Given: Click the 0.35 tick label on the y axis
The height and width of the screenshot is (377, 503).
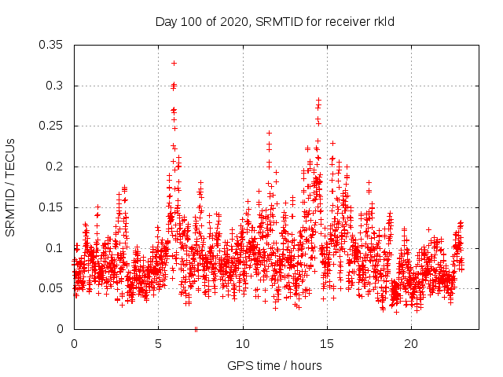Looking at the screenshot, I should tap(52, 45).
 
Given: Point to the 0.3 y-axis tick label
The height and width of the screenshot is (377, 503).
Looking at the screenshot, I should tap(55, 86).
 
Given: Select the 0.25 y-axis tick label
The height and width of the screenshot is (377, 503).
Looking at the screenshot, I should tap(52, 126).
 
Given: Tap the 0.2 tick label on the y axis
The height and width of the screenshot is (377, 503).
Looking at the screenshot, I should tap(55, 167).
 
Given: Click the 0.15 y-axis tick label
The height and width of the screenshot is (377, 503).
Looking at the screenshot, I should tap(52, 207).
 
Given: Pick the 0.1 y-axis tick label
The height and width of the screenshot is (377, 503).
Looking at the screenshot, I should tap(55, 247).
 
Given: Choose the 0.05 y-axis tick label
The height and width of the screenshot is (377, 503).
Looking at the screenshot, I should tap(52, 288).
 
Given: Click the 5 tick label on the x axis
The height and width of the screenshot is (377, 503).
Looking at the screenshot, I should tap(158, 344).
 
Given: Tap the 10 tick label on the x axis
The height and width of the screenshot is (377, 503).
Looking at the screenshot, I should tap(243, 344).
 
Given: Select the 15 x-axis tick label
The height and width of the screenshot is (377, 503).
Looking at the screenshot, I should tap(327, 344).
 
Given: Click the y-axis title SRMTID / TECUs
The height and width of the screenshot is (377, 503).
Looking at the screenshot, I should tap(11, 187).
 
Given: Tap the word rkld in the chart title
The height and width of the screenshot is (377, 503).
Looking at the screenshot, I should tap(383, 21).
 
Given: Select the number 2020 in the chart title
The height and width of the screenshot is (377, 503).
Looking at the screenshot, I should tap(231, 21).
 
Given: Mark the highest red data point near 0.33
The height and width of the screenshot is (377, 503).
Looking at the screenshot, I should tap(174, 63).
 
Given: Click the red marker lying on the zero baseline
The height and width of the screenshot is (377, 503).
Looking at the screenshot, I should tap(196, 329).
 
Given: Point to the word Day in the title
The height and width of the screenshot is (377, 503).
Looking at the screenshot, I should tap(166, 21).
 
